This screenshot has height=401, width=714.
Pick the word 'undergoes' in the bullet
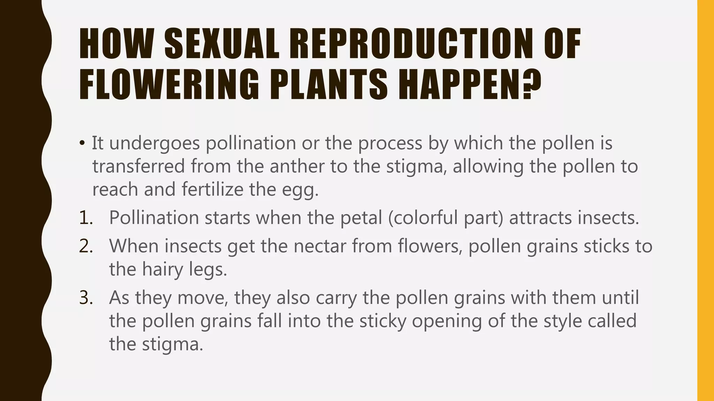click(154, 144)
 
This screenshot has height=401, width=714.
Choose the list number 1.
click(86, 218)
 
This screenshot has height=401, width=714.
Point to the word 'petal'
click(361, 218)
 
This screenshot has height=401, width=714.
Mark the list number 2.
click(86, 246)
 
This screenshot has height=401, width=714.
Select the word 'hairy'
click(162, 269)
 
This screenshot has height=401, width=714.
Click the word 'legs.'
click(208, 269)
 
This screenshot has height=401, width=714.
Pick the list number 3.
click(86, 298)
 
